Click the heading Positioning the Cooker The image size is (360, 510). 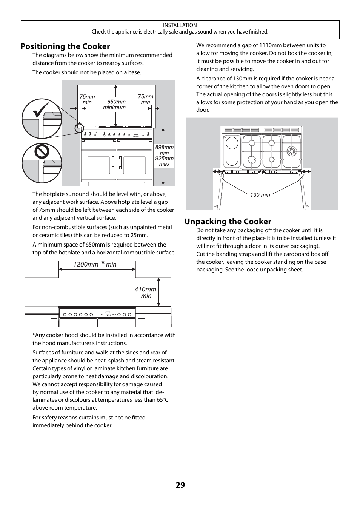pos(65,46)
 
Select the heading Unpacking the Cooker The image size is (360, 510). pos(228,222)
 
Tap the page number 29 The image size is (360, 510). pos(180,485)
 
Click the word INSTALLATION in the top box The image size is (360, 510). pos(180,25)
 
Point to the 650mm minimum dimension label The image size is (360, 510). pos(115,105)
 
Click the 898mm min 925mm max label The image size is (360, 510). pos(165,156)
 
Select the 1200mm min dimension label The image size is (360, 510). pos(95,264)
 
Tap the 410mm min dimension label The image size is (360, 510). pos(145,293)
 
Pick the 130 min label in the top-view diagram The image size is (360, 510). pos(260,195)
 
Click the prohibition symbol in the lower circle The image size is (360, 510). pos(42,152)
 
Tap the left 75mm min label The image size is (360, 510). pos(87,99)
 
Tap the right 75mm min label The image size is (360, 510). pos(146,99)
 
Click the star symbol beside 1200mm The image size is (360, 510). pos(103,262)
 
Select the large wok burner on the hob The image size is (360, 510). pos(291,151)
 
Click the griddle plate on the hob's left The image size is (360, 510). pos(232,151)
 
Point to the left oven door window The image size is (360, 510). pos(99,165)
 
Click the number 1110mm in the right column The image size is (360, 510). pos(269,45)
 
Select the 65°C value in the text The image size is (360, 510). pos(163,400)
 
